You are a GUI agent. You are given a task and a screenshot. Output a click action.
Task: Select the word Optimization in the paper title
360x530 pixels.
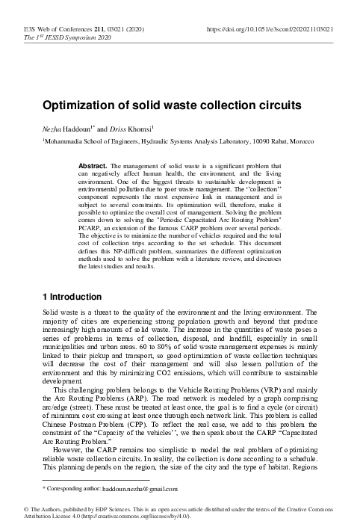tap(81, 106)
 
